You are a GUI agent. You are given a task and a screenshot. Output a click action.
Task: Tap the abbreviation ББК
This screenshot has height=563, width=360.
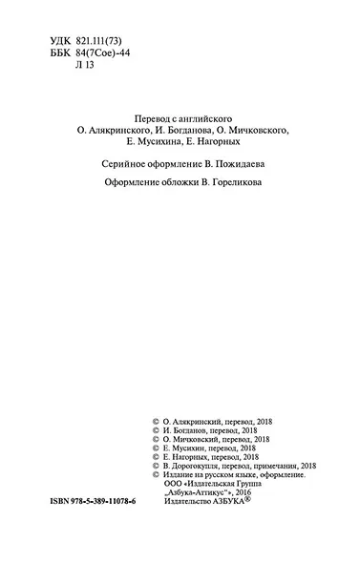(x=59, y=55)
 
